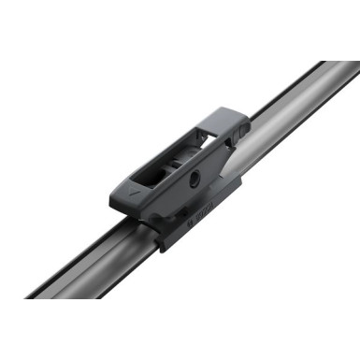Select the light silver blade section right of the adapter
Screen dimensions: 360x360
pos(290,122)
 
